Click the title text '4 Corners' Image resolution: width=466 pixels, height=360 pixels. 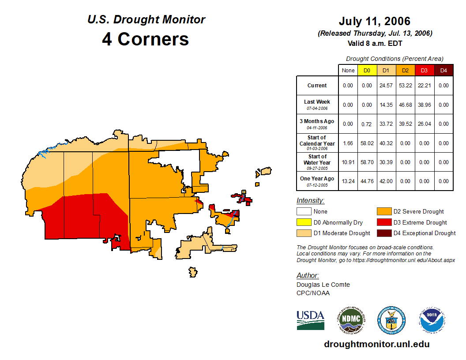tap(146, 39)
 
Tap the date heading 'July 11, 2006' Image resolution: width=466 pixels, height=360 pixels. tap(375, 21)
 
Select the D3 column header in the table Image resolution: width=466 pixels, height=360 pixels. tap(424, 70)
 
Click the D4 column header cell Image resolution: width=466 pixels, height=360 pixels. tap(443, 70)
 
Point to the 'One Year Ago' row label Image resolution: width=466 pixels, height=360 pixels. tap(317, 179)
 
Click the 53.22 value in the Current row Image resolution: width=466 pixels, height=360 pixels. tap(405, 86)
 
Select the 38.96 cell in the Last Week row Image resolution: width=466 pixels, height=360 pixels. tap(424, 105)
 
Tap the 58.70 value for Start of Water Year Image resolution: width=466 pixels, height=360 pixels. tap(367, 162)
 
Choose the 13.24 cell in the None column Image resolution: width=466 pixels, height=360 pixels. tap(348, 181)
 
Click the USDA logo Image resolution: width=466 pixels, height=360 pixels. tap(310, 320)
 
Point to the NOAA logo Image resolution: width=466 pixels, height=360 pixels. tap(432, 320)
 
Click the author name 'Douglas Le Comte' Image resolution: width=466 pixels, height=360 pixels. tap(323, 285)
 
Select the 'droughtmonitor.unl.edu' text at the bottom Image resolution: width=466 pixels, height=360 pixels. tap(376, 344)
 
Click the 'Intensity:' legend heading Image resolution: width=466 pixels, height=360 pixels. tap(310, 201)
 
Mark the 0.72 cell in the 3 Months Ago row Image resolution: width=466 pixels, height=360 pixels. tap(367, 124)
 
